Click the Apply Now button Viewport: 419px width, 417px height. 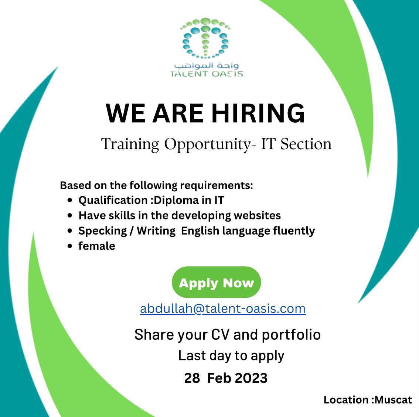click(216, 282)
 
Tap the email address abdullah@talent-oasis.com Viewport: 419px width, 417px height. click(223, 308)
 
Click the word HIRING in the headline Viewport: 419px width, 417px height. click(258, 113)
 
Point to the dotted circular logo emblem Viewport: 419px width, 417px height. click(205, 38)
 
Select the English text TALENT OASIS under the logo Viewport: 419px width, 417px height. click(207, 74)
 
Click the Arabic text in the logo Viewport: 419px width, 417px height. click(206, 65)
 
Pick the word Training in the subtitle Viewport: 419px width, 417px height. click(130, 144)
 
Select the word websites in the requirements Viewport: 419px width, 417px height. click(257, 215)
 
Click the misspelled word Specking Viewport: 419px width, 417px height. click(103, 231)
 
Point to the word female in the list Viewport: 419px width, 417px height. click(97, 246)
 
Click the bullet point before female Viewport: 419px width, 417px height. click(70, 246)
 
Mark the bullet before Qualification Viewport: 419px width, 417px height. click(70, 200)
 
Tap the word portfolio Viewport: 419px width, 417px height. click(291, 335)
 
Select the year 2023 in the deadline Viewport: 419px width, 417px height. click(252, 378)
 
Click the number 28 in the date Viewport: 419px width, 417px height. click(192, 378)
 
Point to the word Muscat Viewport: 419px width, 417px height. click(393, 400)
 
